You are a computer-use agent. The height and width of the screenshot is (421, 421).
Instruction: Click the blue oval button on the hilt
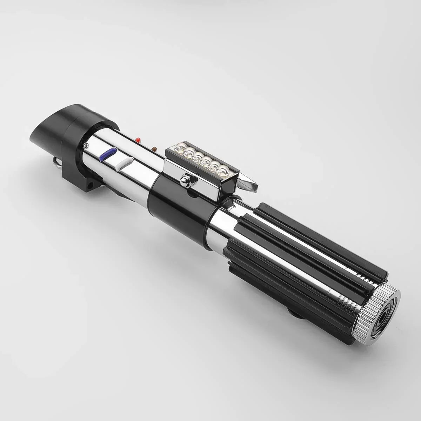tap(107, 154)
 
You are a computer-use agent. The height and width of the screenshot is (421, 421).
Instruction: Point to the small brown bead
tap(153, 149)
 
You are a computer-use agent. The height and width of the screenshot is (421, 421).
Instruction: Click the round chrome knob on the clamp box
tap(183, 180)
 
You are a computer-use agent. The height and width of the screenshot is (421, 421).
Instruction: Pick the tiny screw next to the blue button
tap(85, 145)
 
